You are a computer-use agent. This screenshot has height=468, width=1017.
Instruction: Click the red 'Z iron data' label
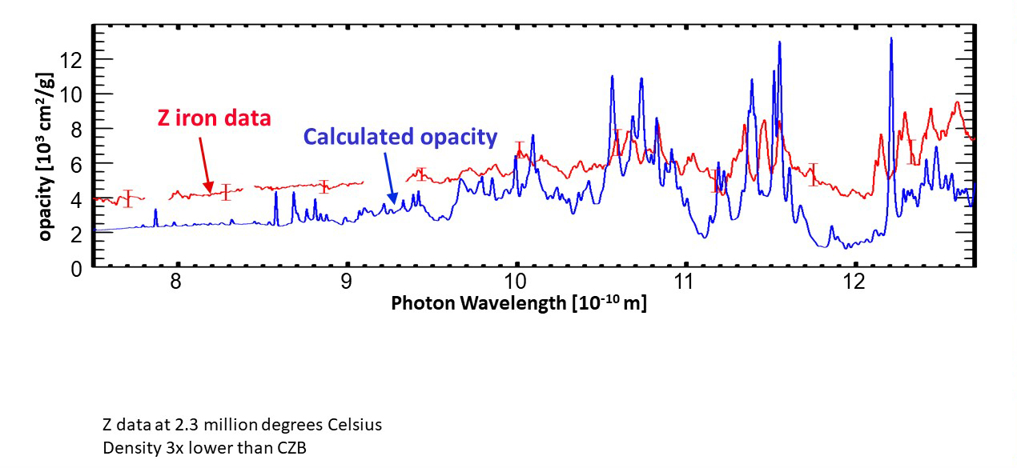point(213,119)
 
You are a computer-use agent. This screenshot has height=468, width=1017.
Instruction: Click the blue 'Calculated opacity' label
point(400,137)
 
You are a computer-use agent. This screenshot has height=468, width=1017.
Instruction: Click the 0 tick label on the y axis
point(77,269)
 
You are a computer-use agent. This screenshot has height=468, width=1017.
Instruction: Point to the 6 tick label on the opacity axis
point(77,164)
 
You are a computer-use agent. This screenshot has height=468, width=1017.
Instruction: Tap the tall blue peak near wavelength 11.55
point(779,43)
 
